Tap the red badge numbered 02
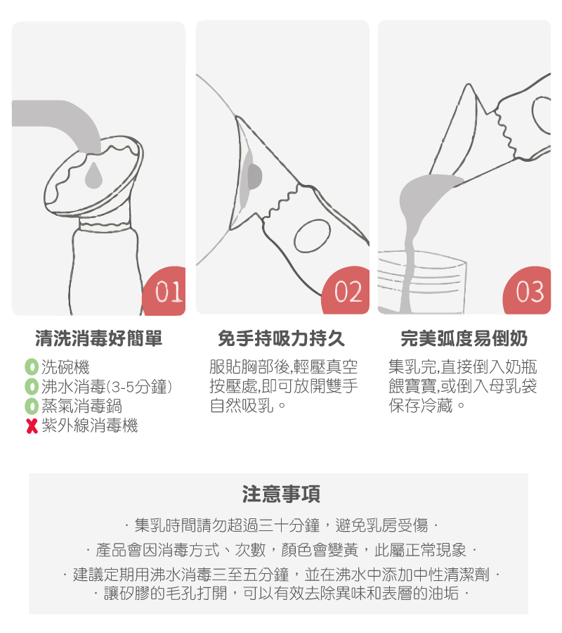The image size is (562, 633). pos(349,292)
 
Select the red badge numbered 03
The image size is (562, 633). pos(530,292)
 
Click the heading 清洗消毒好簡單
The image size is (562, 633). pos(99,340)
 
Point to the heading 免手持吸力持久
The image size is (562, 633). pos(282,340)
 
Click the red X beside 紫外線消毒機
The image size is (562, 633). pos(31,426)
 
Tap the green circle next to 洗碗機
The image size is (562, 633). pos(31,367)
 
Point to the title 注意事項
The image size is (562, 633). pos(281,494)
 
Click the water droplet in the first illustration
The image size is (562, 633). pos(93,176)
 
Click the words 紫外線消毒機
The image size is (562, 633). pos(90,426)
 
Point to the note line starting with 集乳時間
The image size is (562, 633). pos(281,525)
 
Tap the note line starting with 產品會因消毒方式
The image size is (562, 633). pos(281,549)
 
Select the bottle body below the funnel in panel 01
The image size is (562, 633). pos(105,271)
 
